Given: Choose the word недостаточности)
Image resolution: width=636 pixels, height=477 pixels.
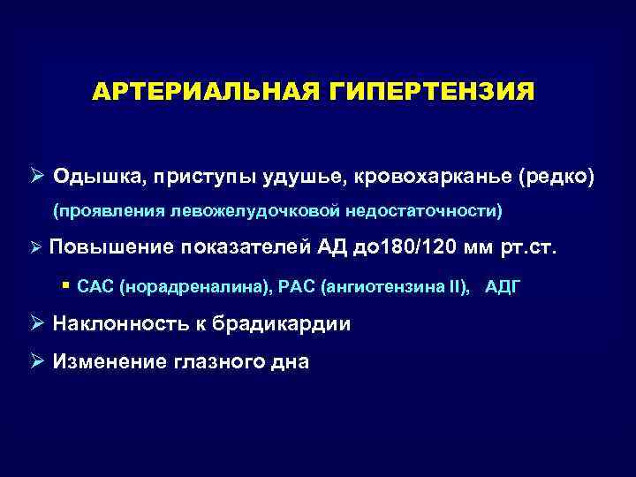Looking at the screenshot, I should point(422,212).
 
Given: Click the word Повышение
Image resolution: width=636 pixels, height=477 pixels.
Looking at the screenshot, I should point(113,247).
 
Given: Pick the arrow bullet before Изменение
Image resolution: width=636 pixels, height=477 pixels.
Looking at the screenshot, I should point(39,360).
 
